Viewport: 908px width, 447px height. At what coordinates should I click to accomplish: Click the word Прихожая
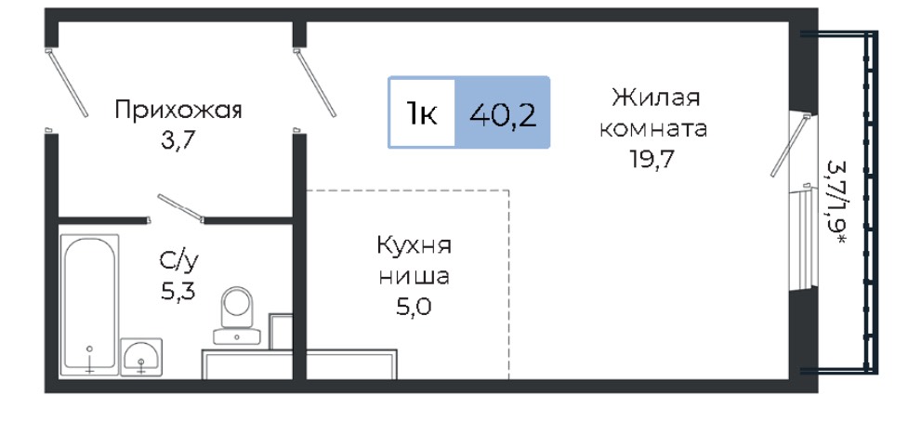click(x=178, y=110)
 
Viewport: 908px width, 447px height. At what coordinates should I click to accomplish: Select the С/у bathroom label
click(x=179, y=263)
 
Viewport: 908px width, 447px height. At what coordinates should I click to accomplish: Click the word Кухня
click(x=415, y=245)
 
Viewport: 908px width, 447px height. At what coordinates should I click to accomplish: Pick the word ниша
click(x=415, y=277)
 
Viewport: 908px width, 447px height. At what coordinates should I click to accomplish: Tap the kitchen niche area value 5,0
click(x=415, y=307)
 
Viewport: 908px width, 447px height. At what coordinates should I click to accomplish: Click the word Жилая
click(x=656, y=98)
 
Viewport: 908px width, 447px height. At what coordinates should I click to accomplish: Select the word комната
click(x=653, y=128)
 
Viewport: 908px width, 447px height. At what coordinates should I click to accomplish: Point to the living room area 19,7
click(x=653, y=159)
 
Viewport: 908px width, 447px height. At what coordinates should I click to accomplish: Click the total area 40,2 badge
click(x=503, y=112)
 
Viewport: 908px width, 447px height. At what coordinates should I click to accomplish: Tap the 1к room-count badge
click(x=422, y=112)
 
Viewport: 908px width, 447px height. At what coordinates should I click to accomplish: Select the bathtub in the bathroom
click(x=89, y=304)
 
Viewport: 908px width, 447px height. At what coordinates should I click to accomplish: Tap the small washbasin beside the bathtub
click(x=141, y=357)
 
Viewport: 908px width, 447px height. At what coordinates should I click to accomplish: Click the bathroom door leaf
click(x=181, y=208)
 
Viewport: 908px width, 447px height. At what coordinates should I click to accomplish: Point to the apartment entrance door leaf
click(x=67, y=83)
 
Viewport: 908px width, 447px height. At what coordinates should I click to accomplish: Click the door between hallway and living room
click(x=315, y=83)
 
